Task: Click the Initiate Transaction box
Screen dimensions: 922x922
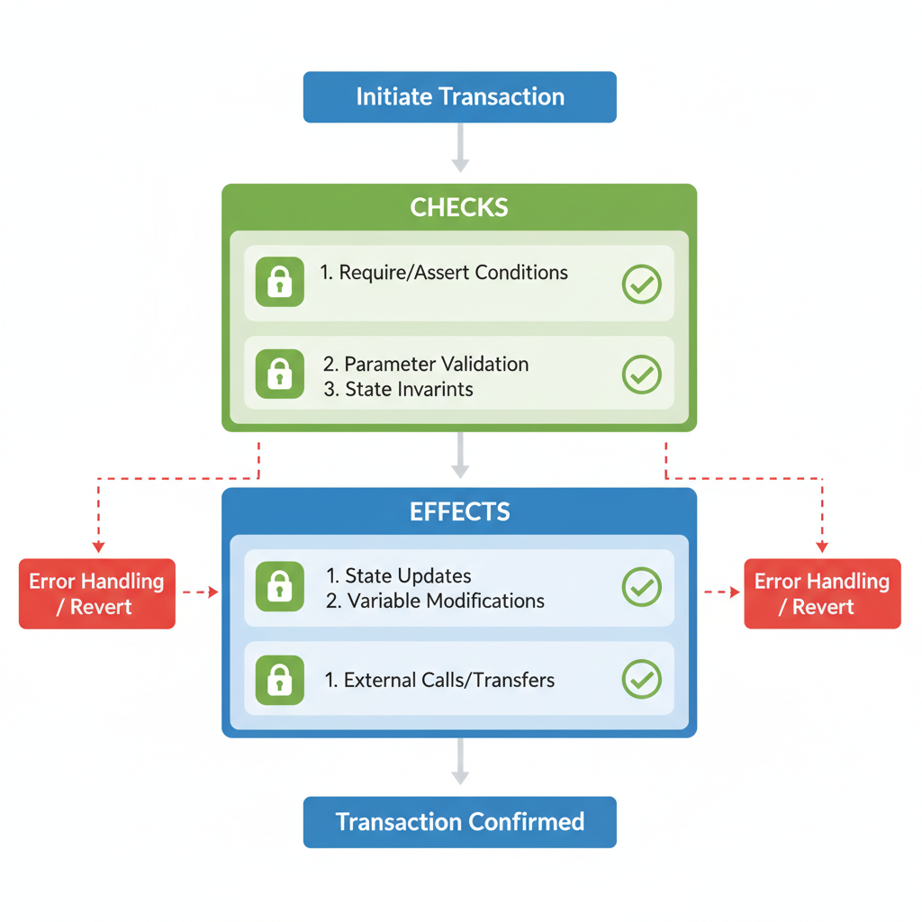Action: pos(459,97)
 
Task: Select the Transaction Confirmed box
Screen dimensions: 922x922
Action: pos(459,822)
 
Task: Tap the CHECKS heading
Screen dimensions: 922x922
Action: pos(459,208)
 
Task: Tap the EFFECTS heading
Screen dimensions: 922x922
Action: pos(459,512)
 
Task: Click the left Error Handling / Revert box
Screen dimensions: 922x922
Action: pos(97,593)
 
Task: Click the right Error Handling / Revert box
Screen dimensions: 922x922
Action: pos(822,593)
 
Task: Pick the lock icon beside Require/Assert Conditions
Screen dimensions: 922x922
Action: pos(280,283)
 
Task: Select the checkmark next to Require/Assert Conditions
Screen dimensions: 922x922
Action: pos(642,285)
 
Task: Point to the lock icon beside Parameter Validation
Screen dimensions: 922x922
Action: pos(280,374)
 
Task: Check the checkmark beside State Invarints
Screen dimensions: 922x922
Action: pos(642,375)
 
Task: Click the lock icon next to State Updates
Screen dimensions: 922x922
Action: pos(280,587)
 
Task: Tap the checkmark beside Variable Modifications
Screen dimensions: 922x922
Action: pos(642,587)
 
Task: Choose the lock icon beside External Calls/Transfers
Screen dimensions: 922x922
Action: pos(280,679)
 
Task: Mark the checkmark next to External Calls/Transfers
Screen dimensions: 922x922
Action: pos(642,679)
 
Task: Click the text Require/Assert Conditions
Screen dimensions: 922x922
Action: pos(444,273)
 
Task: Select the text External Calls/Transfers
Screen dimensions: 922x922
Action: pos(439,680)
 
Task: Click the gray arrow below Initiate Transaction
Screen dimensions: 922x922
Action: pos(460,148)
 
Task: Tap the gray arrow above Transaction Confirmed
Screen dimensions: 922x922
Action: pos(460,763)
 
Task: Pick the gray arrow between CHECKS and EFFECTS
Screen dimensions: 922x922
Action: pos(460,455)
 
